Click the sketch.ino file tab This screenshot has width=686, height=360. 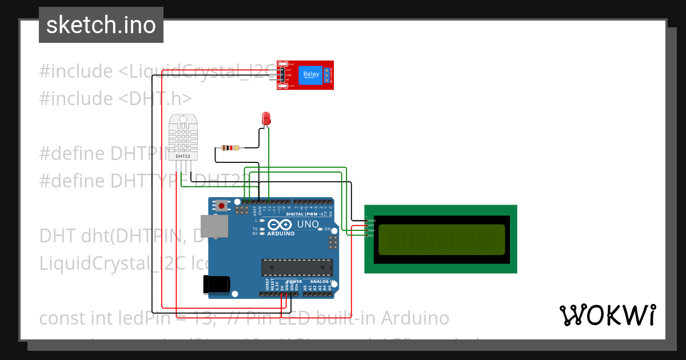(101, 25)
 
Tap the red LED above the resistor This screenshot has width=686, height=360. (266, 118)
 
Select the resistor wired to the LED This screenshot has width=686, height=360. (230, 148)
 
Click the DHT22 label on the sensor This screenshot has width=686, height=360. (183, 156)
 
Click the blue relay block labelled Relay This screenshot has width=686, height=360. (311, 75)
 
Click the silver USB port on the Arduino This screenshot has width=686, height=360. (214, 227)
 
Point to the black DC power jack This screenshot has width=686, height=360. (217, 284)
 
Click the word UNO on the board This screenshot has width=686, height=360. (308, 224)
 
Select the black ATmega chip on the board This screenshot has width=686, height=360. (297, 267)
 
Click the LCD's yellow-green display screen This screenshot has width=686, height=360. (442, 239)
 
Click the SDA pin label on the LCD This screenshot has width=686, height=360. (371, 230)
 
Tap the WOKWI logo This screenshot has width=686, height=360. (607, 315)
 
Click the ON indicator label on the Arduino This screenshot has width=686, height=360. (328, 229)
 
